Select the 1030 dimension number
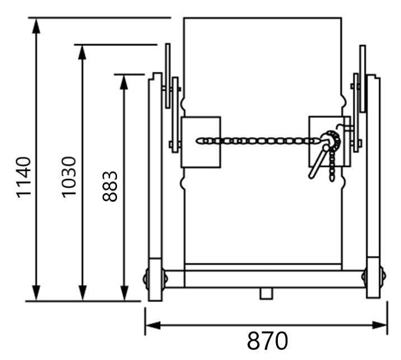[69, 177]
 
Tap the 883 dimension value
[110, 186]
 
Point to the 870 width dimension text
[268, 340]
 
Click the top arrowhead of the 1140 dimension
[36, 26]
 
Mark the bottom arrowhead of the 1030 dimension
[82, 293]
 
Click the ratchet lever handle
[317, 163]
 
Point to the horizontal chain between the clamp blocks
[258, 141]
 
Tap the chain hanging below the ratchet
[333, 167]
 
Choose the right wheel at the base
[383, 277]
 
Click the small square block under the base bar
[267, 293]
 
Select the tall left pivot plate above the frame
[167, 76]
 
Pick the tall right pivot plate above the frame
[362, 78]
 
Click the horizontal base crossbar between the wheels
[263, 279]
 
